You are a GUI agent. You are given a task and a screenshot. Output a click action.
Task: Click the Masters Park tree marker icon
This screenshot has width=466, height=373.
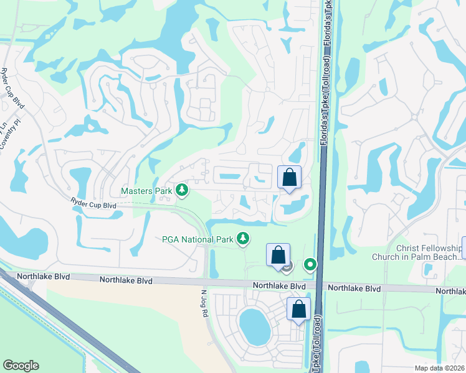(x=181, y=190)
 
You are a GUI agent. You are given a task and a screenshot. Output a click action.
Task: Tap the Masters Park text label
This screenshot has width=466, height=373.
(x=146, y=190)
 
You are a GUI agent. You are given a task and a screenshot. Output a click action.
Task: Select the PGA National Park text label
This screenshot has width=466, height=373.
(x=197, y=239)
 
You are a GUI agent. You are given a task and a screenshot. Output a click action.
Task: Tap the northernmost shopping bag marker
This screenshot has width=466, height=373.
(x=289, y=177)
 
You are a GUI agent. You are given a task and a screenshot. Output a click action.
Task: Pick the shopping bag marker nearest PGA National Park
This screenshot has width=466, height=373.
(x=278, y=255)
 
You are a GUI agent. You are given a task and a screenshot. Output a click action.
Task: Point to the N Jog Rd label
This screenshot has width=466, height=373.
(x=204, y=303)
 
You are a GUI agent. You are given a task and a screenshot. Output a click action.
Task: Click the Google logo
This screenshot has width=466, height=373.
(x=21, y=366)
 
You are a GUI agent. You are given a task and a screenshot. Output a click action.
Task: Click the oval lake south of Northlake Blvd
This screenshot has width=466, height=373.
(x=255, y=327)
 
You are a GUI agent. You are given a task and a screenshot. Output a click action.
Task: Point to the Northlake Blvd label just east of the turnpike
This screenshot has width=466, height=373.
(x=354, y=288)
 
